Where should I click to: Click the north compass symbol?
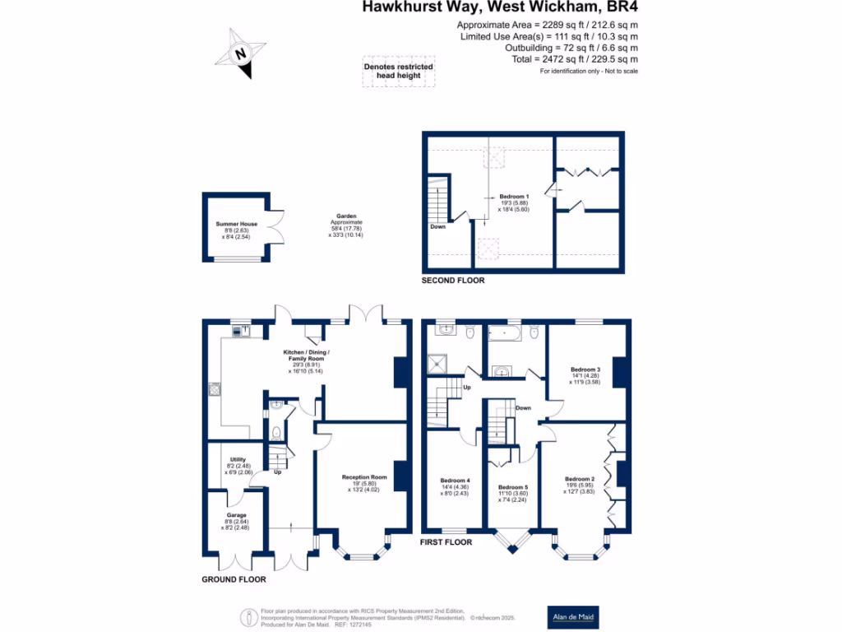click(239, 53)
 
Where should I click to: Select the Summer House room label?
click(237, 224)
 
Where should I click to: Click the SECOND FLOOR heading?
click(453, 281)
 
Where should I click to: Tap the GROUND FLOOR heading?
click(234, 579)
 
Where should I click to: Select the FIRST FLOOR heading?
click(446, 543)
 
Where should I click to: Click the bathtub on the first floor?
click(505, 333)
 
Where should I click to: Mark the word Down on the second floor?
click(437, 227)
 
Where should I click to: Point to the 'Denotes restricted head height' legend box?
click(399, 72)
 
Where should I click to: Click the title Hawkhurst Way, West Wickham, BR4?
click(501, 9)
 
